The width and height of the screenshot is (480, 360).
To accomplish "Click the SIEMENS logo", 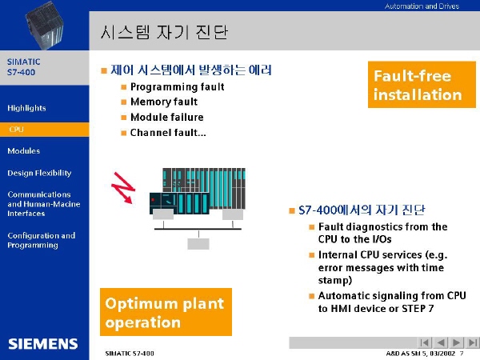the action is (43, 344).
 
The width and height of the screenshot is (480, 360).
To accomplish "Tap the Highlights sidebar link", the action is (26, 108).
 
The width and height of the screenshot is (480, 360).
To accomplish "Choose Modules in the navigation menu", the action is (23, 151).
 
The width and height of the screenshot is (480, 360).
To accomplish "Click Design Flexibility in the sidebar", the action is (39, 173).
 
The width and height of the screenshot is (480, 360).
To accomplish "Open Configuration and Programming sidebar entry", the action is (42, 240).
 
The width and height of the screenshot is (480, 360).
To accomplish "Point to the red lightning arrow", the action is (123, 188).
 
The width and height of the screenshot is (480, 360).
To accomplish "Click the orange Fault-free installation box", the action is (422, 85).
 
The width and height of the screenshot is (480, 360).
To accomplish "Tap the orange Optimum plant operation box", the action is (166, 312).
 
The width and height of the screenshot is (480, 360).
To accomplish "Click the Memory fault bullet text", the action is (164, 102).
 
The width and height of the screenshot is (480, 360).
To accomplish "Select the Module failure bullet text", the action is (167, 117).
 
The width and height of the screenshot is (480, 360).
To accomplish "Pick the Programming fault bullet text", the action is (178, 87).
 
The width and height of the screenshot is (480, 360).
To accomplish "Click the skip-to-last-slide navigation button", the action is (472, 342).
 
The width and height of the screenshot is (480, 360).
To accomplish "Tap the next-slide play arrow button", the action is (456, 342).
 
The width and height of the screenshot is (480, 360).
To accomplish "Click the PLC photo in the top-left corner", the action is (44, 25).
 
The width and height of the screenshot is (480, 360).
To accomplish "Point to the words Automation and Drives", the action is (422, 6).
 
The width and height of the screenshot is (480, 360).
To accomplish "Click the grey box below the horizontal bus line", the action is (198, 244).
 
